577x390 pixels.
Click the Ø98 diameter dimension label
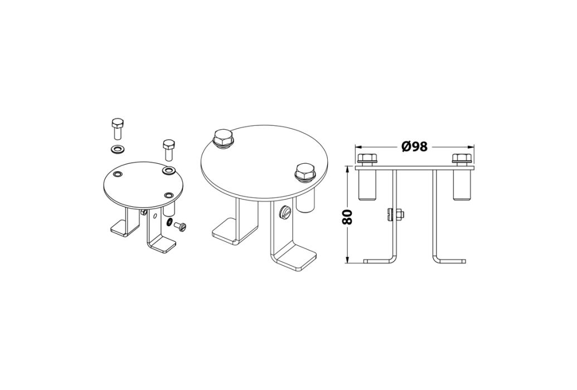click(x=414, y=147)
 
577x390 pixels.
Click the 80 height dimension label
click(x=348, y=217)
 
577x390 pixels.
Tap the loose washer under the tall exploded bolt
click(x=118, y=149)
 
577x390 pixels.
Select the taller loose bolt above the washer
click(x=118, y=129)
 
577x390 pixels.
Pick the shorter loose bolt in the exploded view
click(x=168, y=149)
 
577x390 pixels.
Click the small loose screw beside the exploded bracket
click(x=180, y=226)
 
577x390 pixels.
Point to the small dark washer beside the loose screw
click(x=169, y=222)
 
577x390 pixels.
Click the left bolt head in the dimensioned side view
click(x=366, y=159)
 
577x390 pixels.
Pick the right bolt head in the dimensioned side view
click(x=462, y=159)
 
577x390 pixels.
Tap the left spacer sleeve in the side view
click(x=367, y=185)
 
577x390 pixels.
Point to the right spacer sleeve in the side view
click(x=462, y=185)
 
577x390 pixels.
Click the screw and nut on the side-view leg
click(x=396, y=214)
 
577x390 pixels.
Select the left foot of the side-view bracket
click(x=380, y=261)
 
